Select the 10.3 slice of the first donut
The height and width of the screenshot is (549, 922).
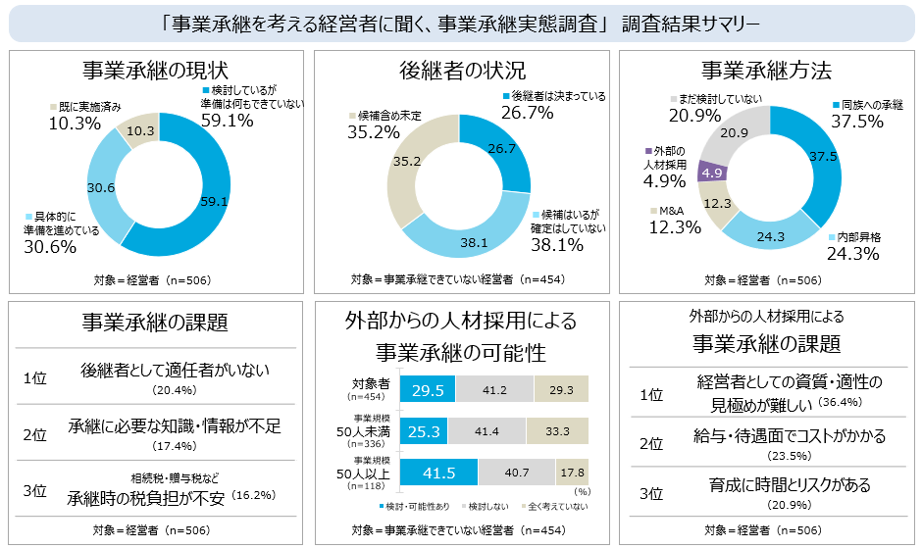(x=141, y=130)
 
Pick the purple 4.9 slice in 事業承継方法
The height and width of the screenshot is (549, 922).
(x=712, y=173)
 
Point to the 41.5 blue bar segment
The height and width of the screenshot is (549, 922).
(x=439, y=473)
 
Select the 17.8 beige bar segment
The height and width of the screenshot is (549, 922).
(x=572, y=473)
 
